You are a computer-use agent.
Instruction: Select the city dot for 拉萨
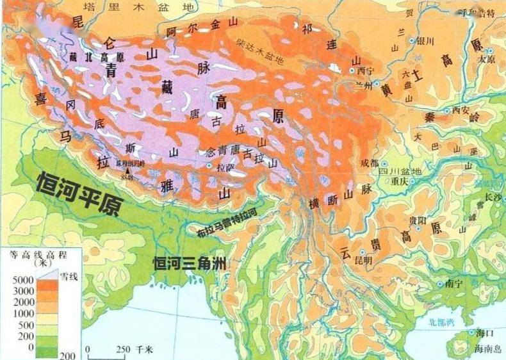point(209,165)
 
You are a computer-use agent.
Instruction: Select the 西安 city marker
point(447,110)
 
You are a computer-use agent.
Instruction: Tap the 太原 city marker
point(489,51)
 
